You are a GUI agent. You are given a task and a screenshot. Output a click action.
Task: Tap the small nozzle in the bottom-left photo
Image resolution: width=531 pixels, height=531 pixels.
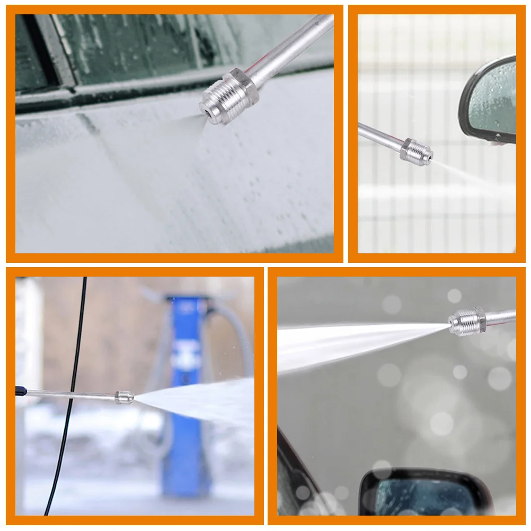(124, 397)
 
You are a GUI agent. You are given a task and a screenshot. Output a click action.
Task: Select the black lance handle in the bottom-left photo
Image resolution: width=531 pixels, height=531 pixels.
(20, 391)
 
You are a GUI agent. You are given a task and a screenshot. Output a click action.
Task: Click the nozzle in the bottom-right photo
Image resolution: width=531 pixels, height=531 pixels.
(466, 321)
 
